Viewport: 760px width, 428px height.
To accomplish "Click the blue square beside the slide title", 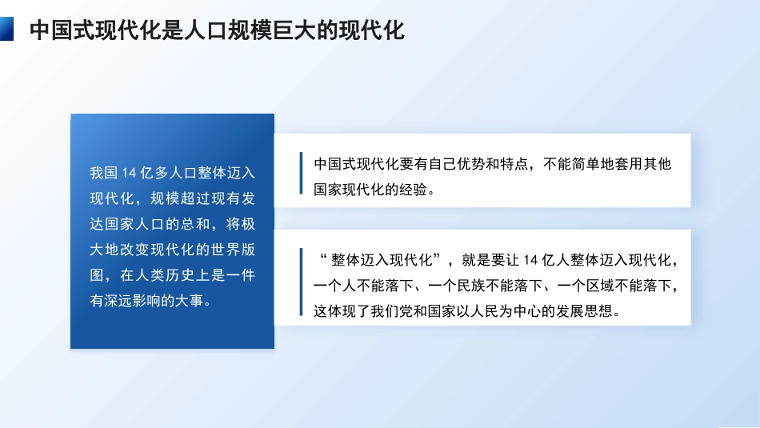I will click(x=7, y=30).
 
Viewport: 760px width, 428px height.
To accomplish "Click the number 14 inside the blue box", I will click(x=130, y=172).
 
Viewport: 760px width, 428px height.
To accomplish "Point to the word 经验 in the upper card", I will click(x=418, y=190).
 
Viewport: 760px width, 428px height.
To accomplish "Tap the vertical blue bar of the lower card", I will click(x=301, y=282).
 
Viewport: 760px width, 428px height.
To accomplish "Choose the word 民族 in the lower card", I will click(x=474, y=285).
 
